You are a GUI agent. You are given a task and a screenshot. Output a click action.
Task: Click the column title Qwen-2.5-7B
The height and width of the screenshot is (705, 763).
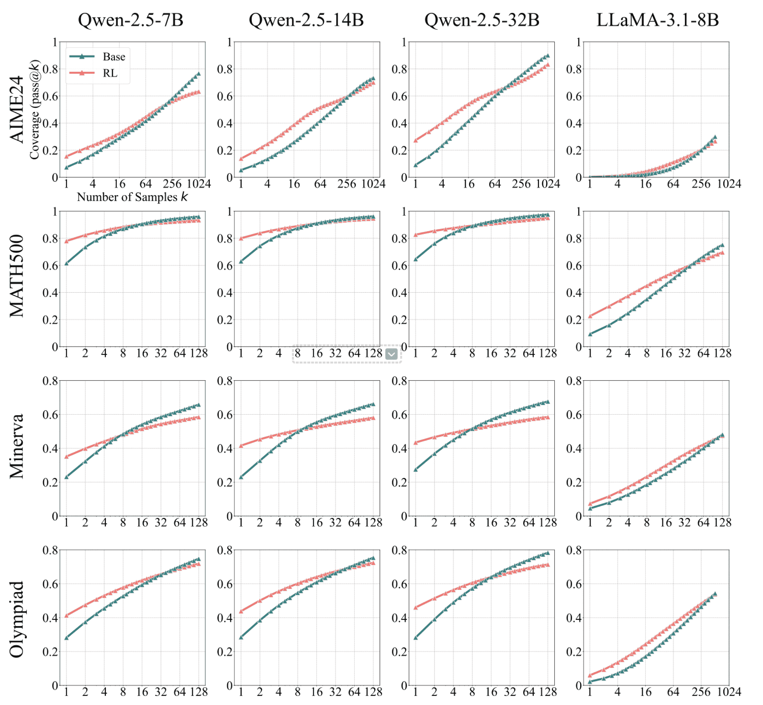[131, 20]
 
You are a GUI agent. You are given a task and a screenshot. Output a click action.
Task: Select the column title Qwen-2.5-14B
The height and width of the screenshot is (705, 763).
[306, 20]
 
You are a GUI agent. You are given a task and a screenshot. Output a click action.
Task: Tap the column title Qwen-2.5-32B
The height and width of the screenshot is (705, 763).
[482, 20]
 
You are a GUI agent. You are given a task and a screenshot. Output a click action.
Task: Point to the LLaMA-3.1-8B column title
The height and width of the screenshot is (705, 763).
[657, 20]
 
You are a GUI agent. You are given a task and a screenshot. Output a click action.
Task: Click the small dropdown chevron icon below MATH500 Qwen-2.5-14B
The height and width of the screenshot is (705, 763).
[392, 354]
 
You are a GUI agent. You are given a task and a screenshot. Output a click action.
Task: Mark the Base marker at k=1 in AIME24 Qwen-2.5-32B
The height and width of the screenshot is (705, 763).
[416, 165]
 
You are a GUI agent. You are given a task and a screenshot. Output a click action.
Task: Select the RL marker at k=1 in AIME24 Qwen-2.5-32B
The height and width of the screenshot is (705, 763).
[416, 140]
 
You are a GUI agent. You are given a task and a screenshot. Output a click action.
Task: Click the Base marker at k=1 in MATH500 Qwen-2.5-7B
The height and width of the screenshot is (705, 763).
[66, 263]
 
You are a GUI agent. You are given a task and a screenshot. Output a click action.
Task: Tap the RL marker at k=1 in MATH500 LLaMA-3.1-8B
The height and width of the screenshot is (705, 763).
[590, 316]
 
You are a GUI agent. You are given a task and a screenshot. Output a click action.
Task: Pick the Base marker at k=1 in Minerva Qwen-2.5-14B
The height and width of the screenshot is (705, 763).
[241, 477]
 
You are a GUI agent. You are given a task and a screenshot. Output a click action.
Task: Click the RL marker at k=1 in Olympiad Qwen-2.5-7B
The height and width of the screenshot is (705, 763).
[66, 615]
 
